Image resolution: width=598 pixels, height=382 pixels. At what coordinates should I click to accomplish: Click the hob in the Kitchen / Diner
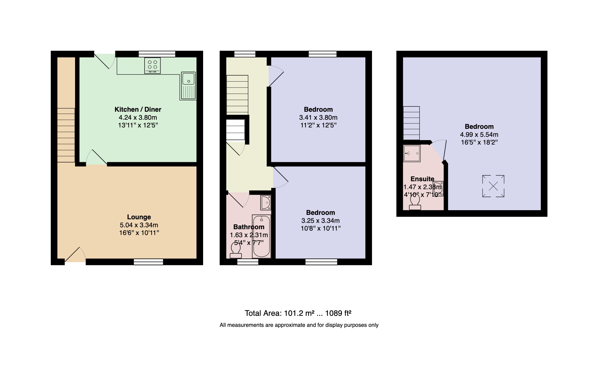152,65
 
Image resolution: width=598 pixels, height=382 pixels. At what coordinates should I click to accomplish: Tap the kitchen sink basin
188,79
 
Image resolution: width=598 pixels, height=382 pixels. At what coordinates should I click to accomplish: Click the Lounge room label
139,217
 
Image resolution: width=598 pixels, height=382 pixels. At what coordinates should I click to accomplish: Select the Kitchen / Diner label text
138,109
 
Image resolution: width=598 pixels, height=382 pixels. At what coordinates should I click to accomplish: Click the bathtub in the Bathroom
261,236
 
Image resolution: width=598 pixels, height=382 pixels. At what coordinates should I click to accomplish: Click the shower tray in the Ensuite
412,153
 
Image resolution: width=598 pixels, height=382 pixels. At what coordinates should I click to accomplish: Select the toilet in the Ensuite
415,203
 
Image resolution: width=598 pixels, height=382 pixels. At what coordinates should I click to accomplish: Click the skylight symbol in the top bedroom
493,186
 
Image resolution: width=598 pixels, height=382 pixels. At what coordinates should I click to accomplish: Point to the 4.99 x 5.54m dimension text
479,135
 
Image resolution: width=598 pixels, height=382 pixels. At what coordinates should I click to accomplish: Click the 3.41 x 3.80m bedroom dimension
318,117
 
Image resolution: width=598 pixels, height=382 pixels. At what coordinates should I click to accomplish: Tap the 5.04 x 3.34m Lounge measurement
139,225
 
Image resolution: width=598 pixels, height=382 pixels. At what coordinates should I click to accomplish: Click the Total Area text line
298,313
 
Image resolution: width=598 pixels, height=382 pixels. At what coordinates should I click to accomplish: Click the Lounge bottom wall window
148,262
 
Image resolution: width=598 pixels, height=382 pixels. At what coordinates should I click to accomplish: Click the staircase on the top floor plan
411,123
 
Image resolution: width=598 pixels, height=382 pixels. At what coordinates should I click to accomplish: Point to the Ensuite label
422,179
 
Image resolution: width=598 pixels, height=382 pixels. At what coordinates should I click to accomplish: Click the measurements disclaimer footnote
299,325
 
